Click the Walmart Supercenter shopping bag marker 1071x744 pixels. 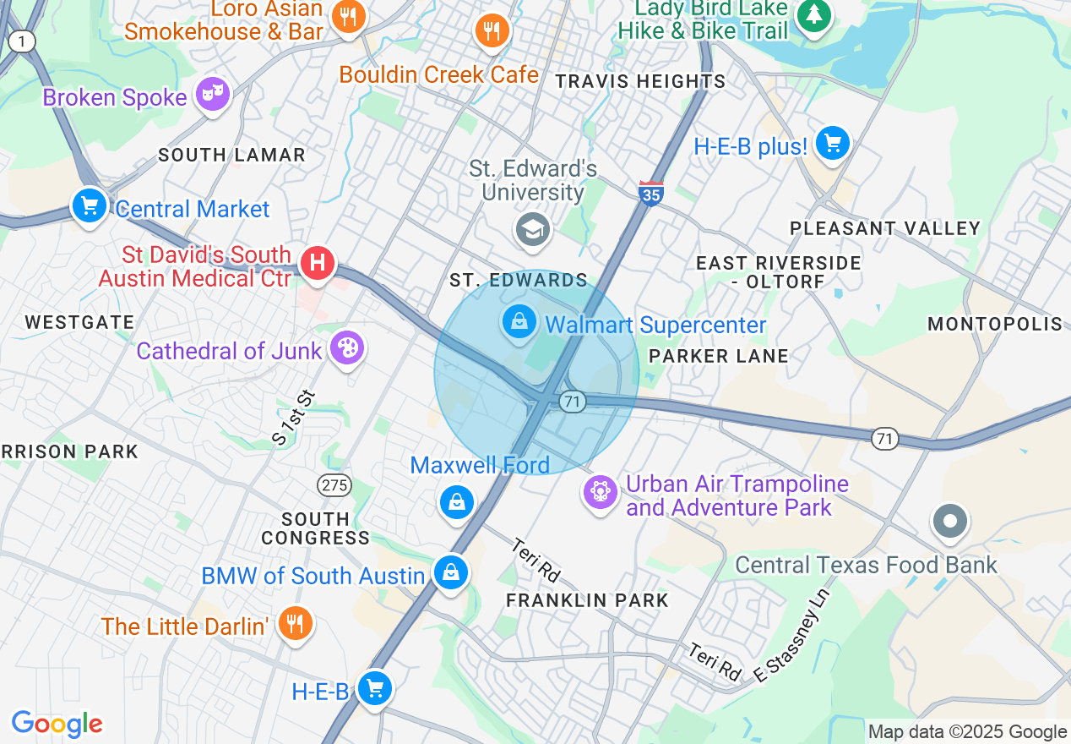point(520,321)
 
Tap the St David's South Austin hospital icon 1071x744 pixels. point(318,263)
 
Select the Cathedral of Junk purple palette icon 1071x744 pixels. point(345,347)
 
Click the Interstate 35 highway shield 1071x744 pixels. point(651,194)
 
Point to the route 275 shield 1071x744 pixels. point(334,485)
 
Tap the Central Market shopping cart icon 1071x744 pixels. point(89,205)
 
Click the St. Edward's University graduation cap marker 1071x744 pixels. point(532,229)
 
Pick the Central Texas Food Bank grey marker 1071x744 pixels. point(950,521)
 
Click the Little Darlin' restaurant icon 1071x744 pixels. point(294,624)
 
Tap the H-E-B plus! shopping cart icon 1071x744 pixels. point(833,144)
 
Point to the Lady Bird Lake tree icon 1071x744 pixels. point(813,14)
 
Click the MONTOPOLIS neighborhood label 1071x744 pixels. point(995,325)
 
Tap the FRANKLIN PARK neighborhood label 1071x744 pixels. point(587,601)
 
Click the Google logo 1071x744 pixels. point(57,724)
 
